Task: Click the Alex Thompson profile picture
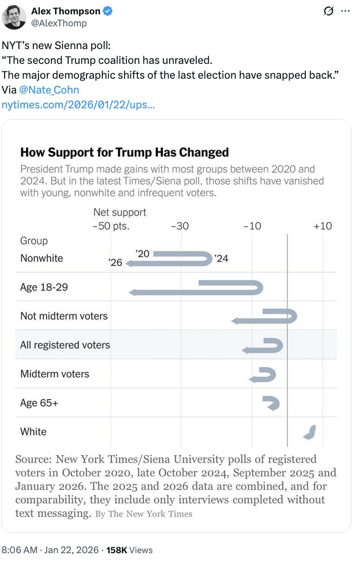pos(14,17)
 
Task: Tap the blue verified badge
pos(107,12)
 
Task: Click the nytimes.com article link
pos(78,105)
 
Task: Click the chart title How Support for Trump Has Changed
pos(124,152)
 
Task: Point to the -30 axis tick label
pos(180,226)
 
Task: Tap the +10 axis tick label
pos(323,226)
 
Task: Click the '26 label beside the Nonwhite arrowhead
pos(115,263)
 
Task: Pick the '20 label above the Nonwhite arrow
pos(143,253)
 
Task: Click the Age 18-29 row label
pos(44,287)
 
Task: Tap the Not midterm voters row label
pos(64,316)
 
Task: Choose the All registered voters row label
pos(65,345)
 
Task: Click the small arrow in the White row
pos(310,432)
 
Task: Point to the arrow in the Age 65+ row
pos(271,403)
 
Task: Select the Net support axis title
pos(119,212)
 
